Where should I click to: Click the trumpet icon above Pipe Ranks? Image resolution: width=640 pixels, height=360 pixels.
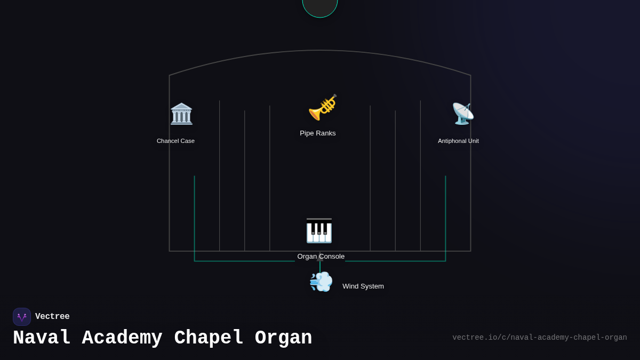coord(322,107)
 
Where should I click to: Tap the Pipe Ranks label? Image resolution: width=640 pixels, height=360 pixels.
coord(318,133)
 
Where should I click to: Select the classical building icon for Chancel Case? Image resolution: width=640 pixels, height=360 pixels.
coord(181,114)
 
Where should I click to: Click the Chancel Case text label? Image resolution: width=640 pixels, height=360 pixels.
coord(175,141)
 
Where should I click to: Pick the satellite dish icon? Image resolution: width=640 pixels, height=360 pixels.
coord(462,114)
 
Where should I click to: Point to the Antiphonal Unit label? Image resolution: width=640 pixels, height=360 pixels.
coord(458,141)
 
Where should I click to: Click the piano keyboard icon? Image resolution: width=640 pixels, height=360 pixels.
coord(319,230)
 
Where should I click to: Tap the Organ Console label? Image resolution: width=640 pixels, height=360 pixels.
coord(321,257)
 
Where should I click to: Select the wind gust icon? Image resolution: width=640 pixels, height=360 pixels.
coord(321,282)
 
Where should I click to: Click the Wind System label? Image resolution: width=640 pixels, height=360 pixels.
coord(363,286)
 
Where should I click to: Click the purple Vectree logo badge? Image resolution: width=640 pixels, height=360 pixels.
coord(22,317)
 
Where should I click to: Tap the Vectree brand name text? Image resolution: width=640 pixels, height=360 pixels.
coord(52,317)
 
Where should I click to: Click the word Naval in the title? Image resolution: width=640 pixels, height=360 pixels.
coord(42,338)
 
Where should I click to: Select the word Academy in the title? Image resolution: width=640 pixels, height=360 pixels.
coord(122,338)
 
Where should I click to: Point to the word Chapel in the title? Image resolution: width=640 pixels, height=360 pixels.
coord(209,338)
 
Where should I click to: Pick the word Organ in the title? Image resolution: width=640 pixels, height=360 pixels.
coord(284,338)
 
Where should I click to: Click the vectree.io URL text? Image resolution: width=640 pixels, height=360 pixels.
coord(539,338)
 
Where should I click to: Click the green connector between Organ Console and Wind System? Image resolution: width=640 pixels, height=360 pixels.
coord(320,266)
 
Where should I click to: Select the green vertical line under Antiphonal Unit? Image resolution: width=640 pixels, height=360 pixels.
coord(445,213)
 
